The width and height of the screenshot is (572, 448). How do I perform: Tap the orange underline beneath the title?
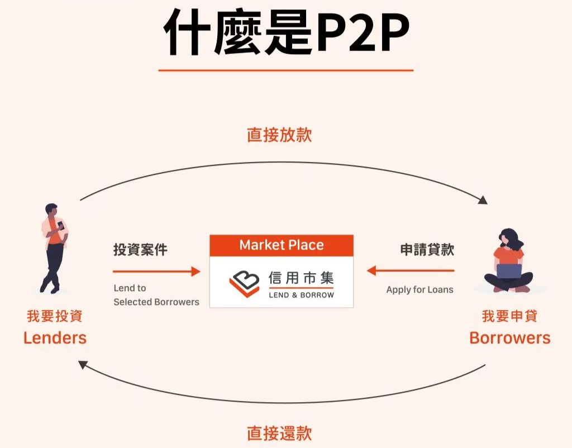pyautogui.click(x=285, y=70)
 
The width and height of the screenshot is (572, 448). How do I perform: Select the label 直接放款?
pyautogui.click(x=279, y=135)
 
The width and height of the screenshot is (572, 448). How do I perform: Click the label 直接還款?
pyautogui.click(x=279, y=433)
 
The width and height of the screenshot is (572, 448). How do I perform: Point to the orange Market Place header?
pyautogui.click(x=282, y=245)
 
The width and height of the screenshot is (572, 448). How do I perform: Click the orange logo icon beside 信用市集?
pyautogui.click(x=245, y=283)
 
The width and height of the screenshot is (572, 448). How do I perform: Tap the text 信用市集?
pyautogui.click(x=301, y=278)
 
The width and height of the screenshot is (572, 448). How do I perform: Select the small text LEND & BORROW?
pyautogui.click(x=301, y=295)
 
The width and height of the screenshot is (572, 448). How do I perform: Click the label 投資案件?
pyautogui.click(x=140, y=250)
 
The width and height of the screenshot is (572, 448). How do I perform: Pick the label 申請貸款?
pyautogui.click(x=427, y=250)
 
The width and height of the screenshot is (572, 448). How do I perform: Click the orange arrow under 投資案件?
pyautogui.click(x=156, y=271)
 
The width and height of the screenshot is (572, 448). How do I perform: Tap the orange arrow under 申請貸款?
pyautogui.click(x=411, y=271)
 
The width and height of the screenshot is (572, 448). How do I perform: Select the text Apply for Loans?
pyautogui.click(x=420, y=290)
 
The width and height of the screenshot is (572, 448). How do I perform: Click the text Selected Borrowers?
pyautogui.click(x=156, y=302)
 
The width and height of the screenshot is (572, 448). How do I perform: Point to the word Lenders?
pyautogui.click(x=55, y=337)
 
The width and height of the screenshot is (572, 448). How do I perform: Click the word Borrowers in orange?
pyautogui.click(x=509, y=337)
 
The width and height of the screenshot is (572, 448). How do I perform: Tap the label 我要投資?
pyautogui.click(x=55, y=316)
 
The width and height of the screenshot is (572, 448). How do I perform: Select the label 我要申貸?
pyautogui.click(x=509, y=316)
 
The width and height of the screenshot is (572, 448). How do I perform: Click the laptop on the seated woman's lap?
pyautogui.click(x=509, y=271)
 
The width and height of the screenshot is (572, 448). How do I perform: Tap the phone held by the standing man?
pyautogui.click(x=60, y=226)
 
